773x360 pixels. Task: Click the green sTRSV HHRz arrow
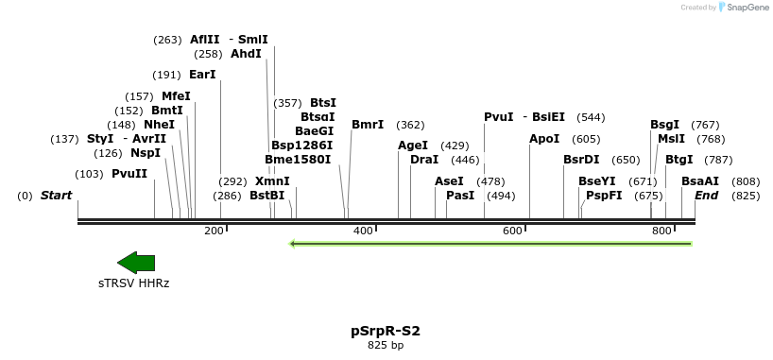[135, 263]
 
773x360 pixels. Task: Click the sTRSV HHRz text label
[134, 283]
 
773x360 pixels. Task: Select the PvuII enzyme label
[129, 174]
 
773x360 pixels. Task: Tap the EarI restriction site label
[202, 74]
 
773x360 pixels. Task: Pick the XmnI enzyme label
[272, 181]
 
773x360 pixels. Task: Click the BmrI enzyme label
[368, 124]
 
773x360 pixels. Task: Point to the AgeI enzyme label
[413, 146]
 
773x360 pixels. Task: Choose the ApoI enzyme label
[544, 139]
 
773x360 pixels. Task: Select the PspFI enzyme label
[604, 196]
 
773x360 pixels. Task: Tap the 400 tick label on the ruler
[363, 231]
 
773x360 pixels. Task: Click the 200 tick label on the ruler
[214, 231]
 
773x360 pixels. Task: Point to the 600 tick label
[512, 231]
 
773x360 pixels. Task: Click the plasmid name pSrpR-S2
[386, 332]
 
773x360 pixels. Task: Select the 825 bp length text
[386, 346]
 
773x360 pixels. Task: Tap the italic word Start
[56, 196]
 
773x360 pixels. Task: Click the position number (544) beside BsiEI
[591, 117]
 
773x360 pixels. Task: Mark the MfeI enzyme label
[176, 96]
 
